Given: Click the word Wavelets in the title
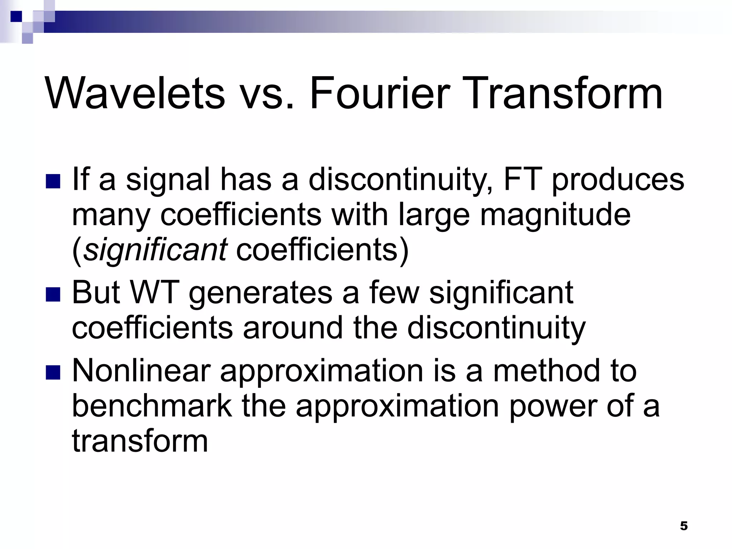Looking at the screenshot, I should pos(135,94).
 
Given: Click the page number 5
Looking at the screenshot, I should pos(683,526).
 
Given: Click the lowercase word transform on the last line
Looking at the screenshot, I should pos(140,441).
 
